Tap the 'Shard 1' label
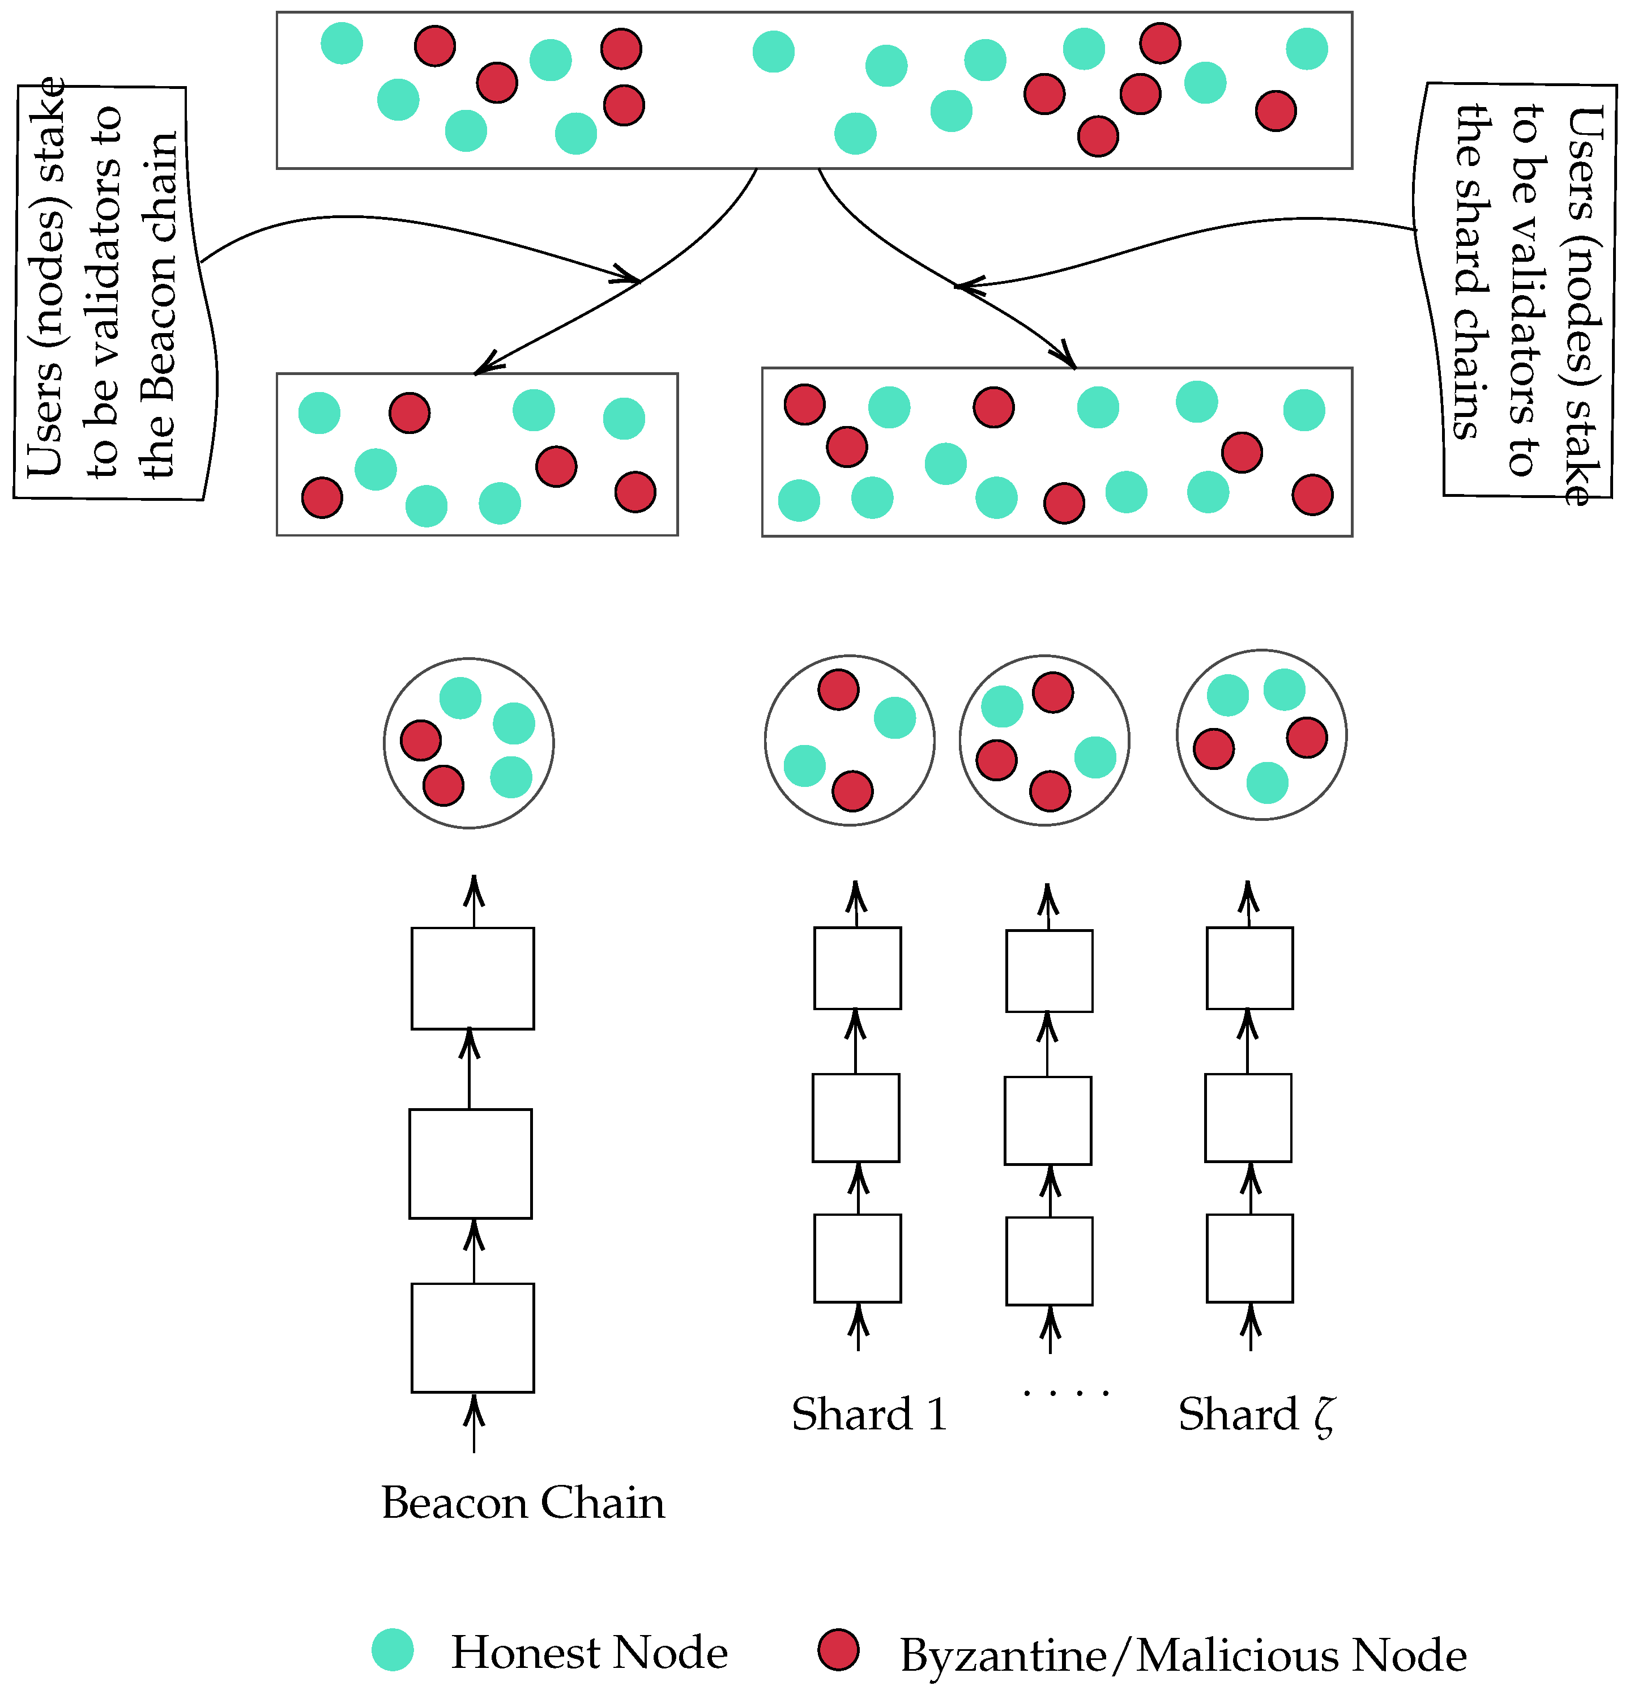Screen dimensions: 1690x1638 coord(869,1414)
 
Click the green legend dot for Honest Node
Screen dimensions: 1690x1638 coord(393,1649)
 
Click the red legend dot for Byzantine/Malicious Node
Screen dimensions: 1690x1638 coord(838,1649)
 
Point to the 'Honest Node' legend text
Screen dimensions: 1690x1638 coord(589,1652)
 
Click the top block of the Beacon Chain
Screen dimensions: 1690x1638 coord(472,978)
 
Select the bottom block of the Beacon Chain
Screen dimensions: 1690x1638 coord(472,1336)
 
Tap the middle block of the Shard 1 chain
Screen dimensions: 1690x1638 coord(855,1117)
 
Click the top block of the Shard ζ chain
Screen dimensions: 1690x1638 coord(1249,968)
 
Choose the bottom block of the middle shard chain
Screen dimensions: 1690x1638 coord(1049,1261)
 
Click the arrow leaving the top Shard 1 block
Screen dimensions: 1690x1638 coord(856,901)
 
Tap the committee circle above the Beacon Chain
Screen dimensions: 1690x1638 coord(468,742)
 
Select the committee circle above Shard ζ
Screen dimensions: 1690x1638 coord(1261,735)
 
